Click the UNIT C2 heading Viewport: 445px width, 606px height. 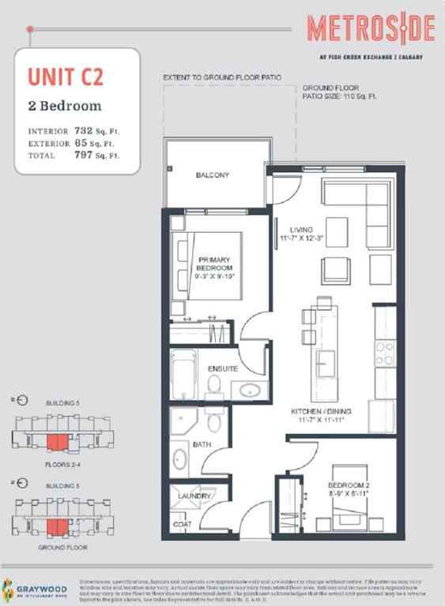[x=66, y=77]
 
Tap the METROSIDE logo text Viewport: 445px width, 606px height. [x=371, y=29]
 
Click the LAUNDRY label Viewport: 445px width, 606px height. [x=194, y=496]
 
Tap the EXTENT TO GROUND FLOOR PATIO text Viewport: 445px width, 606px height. [x=221, y=78]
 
